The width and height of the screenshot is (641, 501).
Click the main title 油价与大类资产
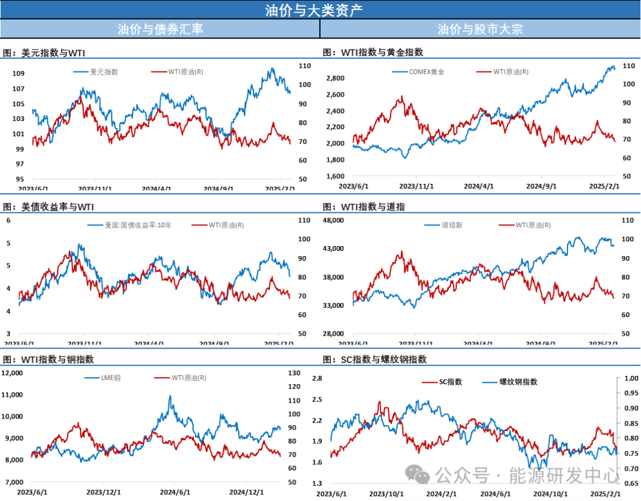click(314, 9)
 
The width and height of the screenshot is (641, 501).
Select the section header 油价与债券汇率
click(160, 28)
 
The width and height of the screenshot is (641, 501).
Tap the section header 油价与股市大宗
click(480, 28)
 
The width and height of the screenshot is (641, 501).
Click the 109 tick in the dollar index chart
click(18, 74)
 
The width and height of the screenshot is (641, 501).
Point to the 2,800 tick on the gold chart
click(335, 78)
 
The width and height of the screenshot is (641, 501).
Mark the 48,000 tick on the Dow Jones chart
click(332, 220)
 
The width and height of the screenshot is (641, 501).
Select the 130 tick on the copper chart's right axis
click(293, 373)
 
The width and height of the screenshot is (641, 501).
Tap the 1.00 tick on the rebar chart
click(631, 378)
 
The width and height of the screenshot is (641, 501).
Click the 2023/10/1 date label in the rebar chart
click(386, 493)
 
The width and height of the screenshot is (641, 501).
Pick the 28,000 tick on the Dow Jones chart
click(332, 334)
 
